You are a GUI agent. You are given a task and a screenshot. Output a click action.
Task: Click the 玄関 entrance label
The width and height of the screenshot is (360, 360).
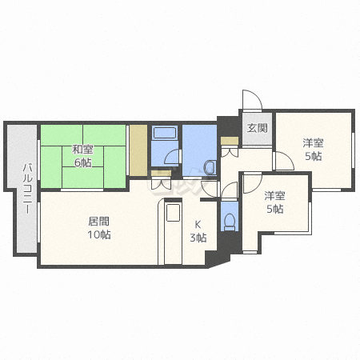(257, 128)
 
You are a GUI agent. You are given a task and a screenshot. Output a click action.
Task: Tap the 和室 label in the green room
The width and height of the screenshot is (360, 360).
(83, 150)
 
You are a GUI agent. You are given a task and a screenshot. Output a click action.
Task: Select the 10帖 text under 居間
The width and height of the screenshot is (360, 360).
(99, 234)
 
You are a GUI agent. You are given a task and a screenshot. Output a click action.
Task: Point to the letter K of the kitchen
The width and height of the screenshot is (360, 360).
(198, 225)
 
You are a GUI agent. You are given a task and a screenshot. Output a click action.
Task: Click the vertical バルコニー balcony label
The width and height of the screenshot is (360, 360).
(27, 189)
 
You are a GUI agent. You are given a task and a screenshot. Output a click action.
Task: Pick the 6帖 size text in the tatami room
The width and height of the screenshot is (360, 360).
(83, 162)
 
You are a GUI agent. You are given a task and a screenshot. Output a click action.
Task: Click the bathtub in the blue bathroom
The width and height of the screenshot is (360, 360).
(165, 133)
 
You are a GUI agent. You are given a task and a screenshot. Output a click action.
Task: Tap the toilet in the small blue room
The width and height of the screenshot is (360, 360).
(230, 222)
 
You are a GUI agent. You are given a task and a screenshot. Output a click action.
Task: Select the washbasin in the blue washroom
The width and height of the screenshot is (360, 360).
(210, 168)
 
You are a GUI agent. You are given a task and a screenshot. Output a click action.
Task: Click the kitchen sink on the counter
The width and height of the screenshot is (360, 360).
(173, 212)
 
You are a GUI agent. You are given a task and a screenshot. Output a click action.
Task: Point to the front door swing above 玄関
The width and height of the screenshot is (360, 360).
(252, 100)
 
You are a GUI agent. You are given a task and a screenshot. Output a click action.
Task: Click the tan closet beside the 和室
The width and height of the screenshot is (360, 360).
(138, 150)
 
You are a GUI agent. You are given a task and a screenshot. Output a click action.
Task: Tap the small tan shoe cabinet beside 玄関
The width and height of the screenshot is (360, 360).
(230, 141)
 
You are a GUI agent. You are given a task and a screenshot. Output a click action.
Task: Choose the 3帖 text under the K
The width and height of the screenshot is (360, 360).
(198, 238)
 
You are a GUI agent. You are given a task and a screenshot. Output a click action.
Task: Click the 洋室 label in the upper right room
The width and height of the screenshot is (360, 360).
(313, 143)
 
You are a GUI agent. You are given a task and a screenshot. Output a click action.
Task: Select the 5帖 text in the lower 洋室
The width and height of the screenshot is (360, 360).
(275, 209)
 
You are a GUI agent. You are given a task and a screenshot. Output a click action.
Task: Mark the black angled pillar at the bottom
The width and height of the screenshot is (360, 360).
(217, 258)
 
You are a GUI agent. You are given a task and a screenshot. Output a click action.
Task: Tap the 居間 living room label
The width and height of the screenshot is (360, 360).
(98, 222)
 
